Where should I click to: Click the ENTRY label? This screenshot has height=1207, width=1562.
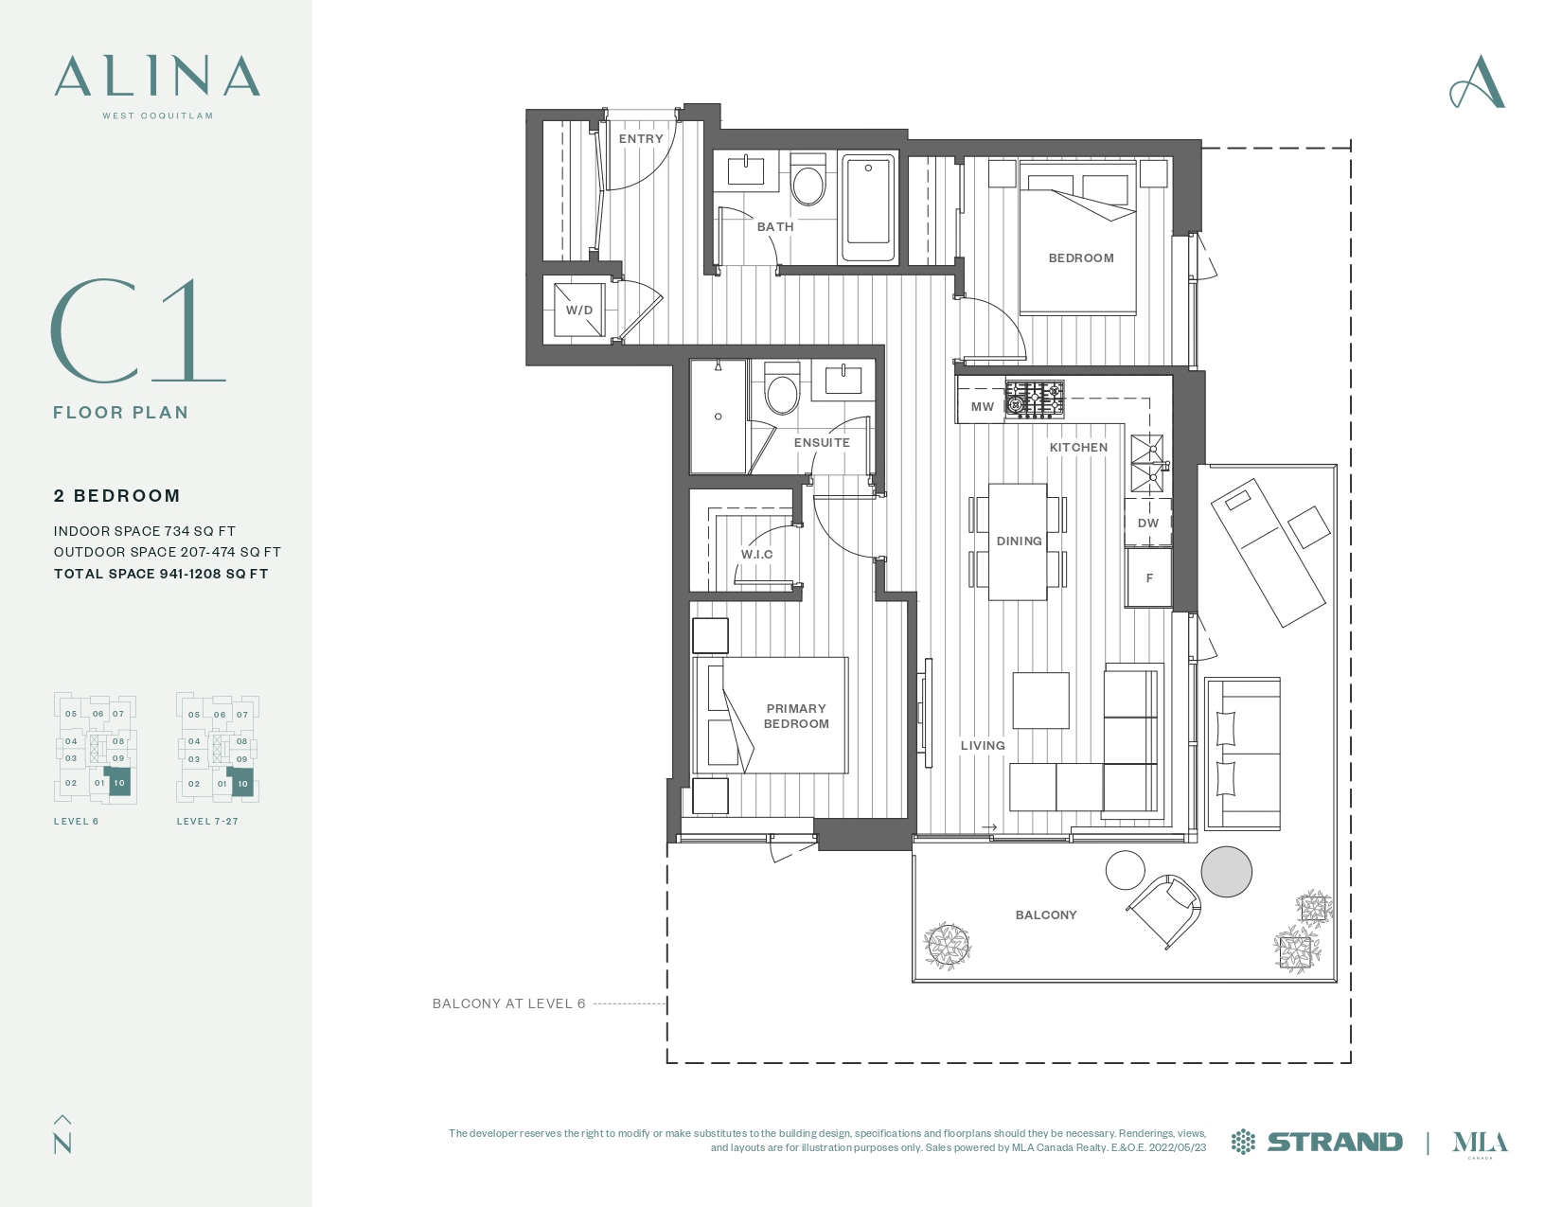pos(641,139)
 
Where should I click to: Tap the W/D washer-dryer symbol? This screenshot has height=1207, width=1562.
pos(578,310)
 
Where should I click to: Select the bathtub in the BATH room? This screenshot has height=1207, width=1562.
pos(868,207)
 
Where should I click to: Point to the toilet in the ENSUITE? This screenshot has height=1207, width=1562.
pos(782,389)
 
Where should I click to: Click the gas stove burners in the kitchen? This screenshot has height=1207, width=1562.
pos(1035,399)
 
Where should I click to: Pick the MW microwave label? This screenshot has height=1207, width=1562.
pos(982,406)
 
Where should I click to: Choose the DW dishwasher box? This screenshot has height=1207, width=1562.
pos(1148,523)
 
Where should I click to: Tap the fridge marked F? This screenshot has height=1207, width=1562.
pos(1148,577)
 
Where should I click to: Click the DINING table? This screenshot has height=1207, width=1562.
pos(1018,541)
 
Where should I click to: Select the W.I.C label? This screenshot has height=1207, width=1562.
pos(757,554)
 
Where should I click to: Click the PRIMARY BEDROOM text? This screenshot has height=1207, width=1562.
pos(796,716)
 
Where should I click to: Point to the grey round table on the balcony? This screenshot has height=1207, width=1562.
pos(1226,871)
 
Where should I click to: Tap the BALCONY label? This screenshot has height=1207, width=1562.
pos(1046,915)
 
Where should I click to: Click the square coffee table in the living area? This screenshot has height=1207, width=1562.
pos(1040,701)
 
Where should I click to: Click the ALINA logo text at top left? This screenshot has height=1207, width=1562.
pos(157,76)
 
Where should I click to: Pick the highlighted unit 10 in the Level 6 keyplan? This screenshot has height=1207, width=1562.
pos(119,782)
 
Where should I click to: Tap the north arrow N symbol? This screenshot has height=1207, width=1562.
pos(62,1135)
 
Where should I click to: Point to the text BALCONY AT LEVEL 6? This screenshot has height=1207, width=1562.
pos(509,1003)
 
